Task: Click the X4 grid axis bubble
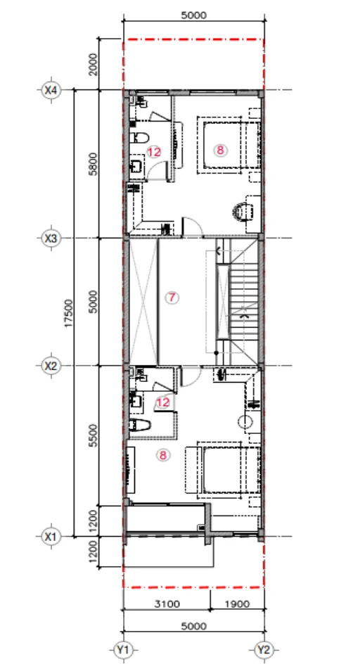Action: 51,90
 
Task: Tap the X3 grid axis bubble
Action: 51,238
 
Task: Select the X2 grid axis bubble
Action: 51,366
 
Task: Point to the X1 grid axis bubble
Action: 51,536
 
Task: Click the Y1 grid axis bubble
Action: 123,651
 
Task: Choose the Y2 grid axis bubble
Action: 264,651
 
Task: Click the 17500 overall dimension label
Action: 69,314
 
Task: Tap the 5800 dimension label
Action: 94,164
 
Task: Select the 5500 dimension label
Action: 94,435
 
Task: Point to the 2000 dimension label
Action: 94,64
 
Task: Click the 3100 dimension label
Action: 167,603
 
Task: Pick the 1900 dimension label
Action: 236,603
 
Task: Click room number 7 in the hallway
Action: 172,297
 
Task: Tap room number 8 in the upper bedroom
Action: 220,151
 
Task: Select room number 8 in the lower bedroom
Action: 163,455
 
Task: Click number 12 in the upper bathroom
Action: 155,151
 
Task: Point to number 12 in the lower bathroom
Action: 163,402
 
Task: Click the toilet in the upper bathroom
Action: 139,138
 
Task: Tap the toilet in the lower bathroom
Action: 140,425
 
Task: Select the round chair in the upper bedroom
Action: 243,212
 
